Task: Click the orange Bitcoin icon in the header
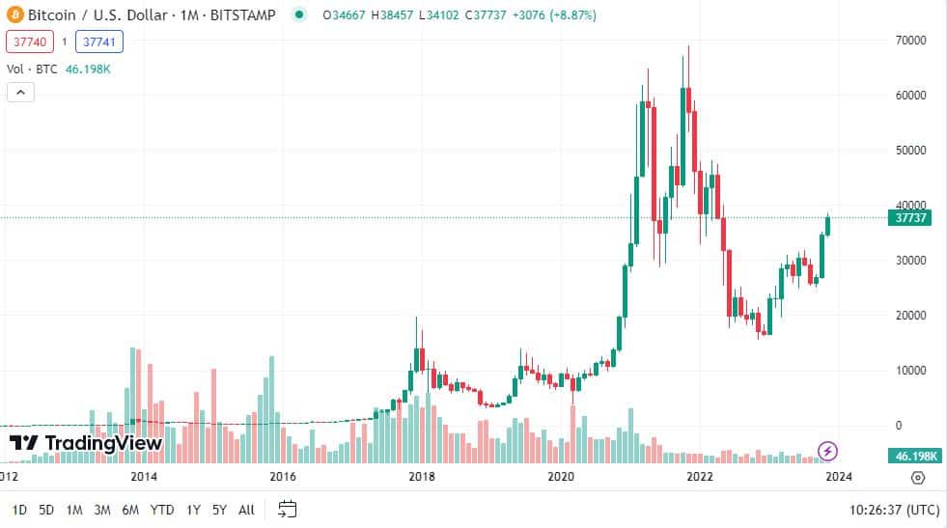[x=14, y=15]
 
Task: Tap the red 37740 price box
[x=28, y=42]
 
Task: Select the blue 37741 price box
[x=101, y=42]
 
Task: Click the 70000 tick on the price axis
[x=910, y=41]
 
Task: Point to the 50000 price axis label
[x=910, y=151]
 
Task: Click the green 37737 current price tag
[x=911, y=218]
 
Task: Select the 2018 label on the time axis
[x=421, y=476]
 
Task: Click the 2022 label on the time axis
[x=699, y=476]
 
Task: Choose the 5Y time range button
[x=219, y=509]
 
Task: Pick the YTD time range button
[x=162, y=509]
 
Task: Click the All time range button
[x=246, y=509]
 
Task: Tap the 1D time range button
[x=19, y=509]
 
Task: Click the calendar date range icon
[x=287, y=509]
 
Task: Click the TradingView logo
[x=85, y=443]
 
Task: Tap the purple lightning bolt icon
[x=827, y=450]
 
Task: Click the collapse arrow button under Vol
[x=20, y=93]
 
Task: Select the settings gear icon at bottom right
[x=917, y=477]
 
